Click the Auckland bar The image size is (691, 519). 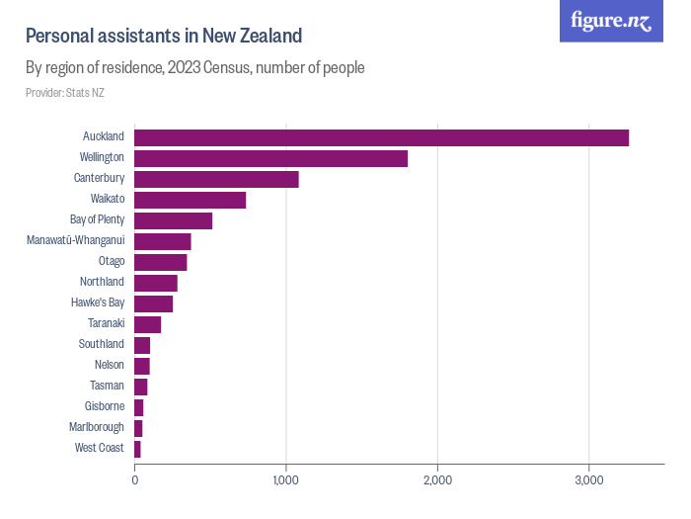pos(381,137)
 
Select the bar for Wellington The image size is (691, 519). pos(270,158)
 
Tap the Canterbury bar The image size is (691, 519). pos(216,179)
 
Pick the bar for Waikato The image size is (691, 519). pos(190,200)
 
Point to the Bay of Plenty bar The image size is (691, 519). pos(173,220)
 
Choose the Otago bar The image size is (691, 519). pos(160,262)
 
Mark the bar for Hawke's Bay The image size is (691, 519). pos(153,303)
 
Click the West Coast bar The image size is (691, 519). pos(137,449)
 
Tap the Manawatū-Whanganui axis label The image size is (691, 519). pos(75,240)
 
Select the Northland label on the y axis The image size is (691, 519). pos(102,282)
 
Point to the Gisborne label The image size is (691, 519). pos(104,406)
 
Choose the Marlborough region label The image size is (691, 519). pos(97,427)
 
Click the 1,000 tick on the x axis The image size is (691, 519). pos(285,480)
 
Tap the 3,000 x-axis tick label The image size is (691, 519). pos(588,480)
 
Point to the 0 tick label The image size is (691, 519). pos(134,480)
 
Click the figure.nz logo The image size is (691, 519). pos(611,21)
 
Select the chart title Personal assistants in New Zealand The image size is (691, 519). pos(164,37)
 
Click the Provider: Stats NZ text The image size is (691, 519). pos(65,93)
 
